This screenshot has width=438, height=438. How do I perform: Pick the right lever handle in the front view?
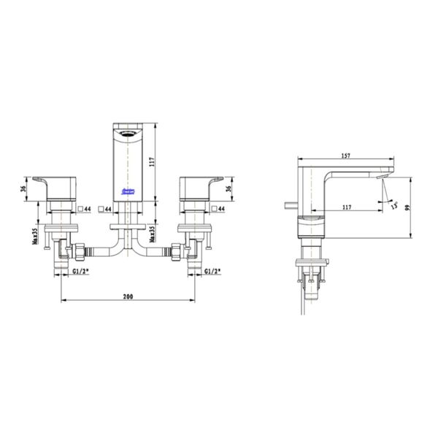[200, 184]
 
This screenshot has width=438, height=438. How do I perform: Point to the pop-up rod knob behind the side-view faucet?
[287, 205]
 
